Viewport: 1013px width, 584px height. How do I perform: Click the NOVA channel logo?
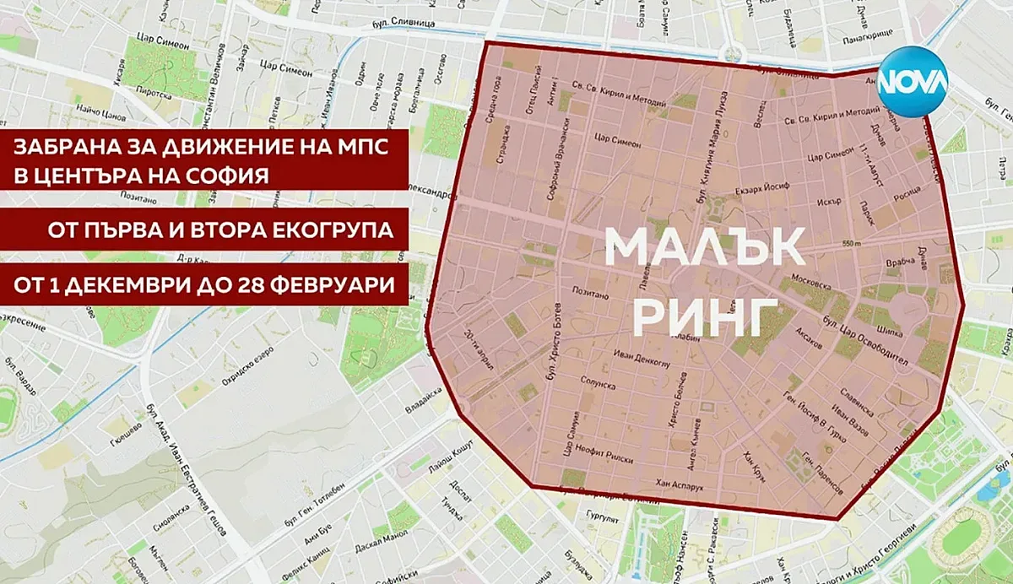913,82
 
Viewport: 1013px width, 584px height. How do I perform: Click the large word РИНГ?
705,314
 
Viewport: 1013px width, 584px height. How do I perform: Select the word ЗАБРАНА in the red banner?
60,149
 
